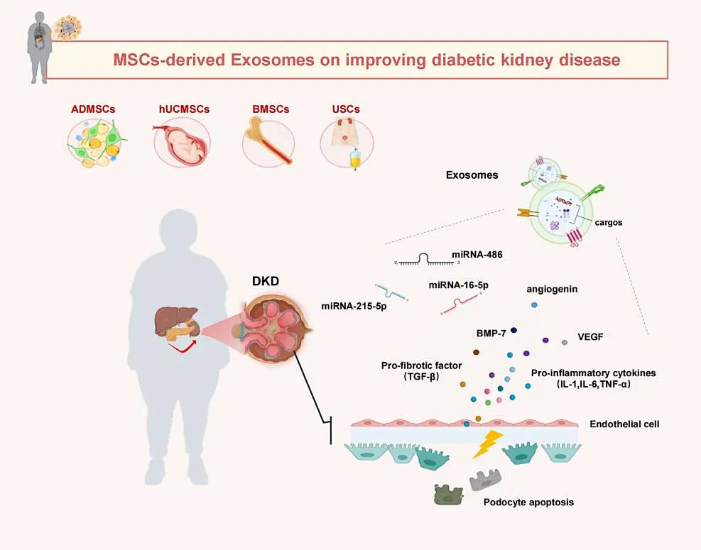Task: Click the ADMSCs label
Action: pos(92,109)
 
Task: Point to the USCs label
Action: pos(346,109)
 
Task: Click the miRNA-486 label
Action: pos(476,253)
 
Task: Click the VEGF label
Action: pos(592,337)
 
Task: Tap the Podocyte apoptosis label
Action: pos(528,502)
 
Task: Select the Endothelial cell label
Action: pos(624,424)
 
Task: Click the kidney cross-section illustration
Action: pos(276,331)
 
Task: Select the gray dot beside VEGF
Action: pos(565,343)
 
